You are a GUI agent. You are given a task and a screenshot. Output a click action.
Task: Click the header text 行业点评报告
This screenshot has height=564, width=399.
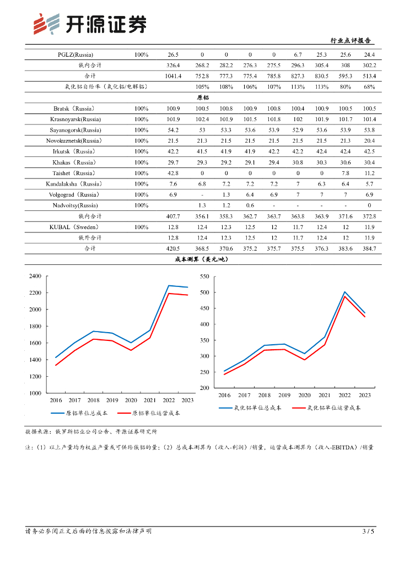(350, 41)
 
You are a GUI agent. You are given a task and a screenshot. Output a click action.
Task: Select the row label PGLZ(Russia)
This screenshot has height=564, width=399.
(76, 55)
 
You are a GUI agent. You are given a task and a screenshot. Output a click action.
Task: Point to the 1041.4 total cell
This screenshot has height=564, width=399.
(173, 76)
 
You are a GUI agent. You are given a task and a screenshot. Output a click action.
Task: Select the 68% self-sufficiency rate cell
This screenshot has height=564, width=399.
(369, 87)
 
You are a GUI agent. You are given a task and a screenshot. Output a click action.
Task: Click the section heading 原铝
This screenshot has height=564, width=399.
(202, 97)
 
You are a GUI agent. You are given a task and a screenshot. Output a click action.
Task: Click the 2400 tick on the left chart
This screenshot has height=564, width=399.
(35, 276)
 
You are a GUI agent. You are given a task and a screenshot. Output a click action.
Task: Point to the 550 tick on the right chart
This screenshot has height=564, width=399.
(205, 276)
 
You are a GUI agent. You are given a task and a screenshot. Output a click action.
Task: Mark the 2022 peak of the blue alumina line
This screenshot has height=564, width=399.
(345, 292)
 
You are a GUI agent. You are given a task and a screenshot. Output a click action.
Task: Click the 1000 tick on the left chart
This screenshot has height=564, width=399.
(35, 393)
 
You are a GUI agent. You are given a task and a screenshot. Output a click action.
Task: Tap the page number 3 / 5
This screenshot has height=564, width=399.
(368, 532)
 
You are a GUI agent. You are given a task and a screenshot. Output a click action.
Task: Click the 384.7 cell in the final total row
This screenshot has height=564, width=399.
(369, 249)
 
